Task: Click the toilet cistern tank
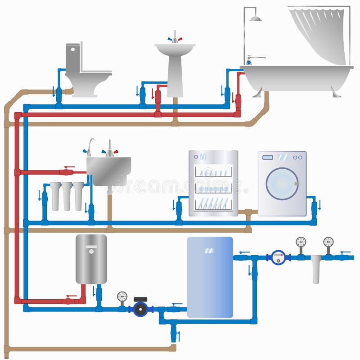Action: tap(73, 58)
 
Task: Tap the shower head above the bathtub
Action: tap(256, 18)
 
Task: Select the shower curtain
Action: tap(320, 34)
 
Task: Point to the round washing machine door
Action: tap(282, 183)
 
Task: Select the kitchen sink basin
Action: tap(108, 170)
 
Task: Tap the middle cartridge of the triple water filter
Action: tap(67, 196)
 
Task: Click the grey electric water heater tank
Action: tap(91, 259)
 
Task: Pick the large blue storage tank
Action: tap(210, 277)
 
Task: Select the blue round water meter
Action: tap(279, 257)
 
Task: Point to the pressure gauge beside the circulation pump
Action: tap(122, 297)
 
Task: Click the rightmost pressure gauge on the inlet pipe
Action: tap(328, 242)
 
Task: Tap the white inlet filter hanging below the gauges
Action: tap(316, 269)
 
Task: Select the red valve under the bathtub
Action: tap(238, 101)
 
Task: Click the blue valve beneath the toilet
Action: tap(59, 95)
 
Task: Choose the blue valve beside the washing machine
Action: tap(314, 208)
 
